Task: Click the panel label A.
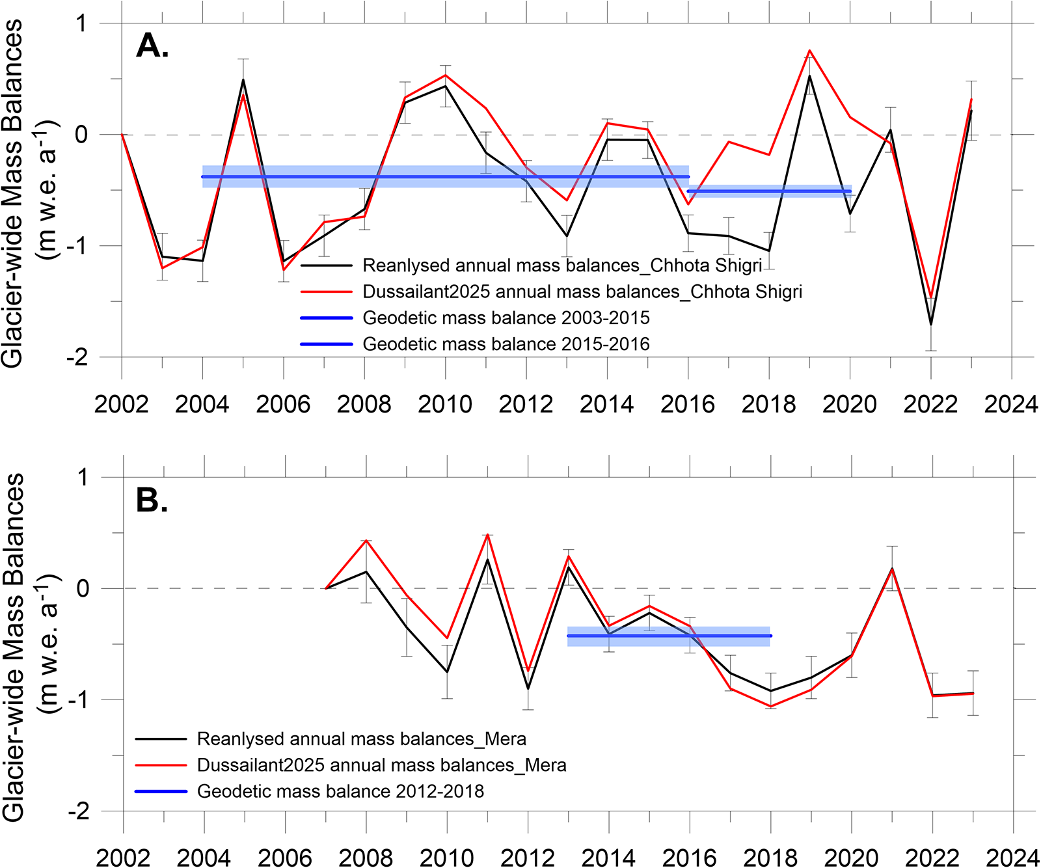[153, 46]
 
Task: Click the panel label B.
[152, 500]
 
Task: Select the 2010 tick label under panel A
[445, 404]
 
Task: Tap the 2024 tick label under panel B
[1012, 858]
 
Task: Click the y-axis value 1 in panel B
[83, 478]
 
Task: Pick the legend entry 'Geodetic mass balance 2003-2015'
[475, 318]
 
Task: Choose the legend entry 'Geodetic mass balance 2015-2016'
[475, 344]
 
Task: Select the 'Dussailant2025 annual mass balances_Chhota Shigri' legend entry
[551, 292]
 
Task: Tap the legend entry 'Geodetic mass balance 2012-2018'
[310, 792]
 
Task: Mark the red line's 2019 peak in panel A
[809, 50]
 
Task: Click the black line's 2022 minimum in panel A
[931, 324]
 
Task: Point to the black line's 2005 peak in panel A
[243, 80]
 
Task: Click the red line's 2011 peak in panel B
[487, 535]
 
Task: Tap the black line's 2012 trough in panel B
[528, 688]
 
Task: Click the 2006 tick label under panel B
[285, 858]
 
